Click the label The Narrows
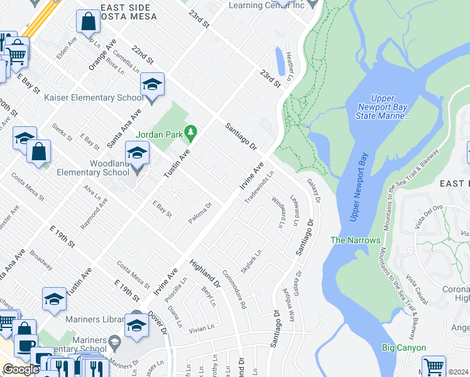(x=356, y=240)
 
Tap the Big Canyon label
(x=404, y=347)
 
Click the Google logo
(x=21, y=369)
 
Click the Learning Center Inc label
(x=275, y=6)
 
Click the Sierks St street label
(x=62, y=131)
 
